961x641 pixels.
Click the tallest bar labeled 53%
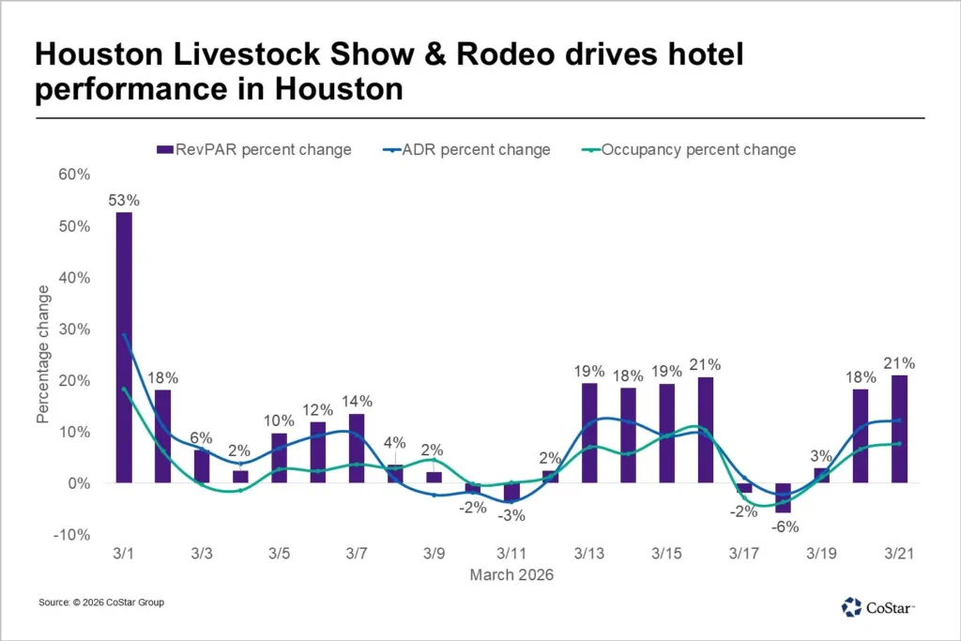click(x=124, y=347)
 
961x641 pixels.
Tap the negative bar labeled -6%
click(x=783, y=497)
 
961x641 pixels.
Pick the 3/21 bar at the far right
click(x=899, y=429)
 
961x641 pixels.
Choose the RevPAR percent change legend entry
click(x=253, y=149)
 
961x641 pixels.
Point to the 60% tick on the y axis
click(x=76, y=175)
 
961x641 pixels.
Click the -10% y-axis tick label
click(x=74, y=534)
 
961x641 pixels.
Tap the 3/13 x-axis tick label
click(x=588, y=555)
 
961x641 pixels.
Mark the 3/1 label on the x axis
click(x=124, y=555)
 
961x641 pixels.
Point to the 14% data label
click(x=357, y=401)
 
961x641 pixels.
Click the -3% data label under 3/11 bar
click(x=512, y=515)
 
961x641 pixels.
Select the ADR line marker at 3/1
click(x=124, y=335)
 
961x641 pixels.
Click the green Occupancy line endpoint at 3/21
click(x=899, y=444)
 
